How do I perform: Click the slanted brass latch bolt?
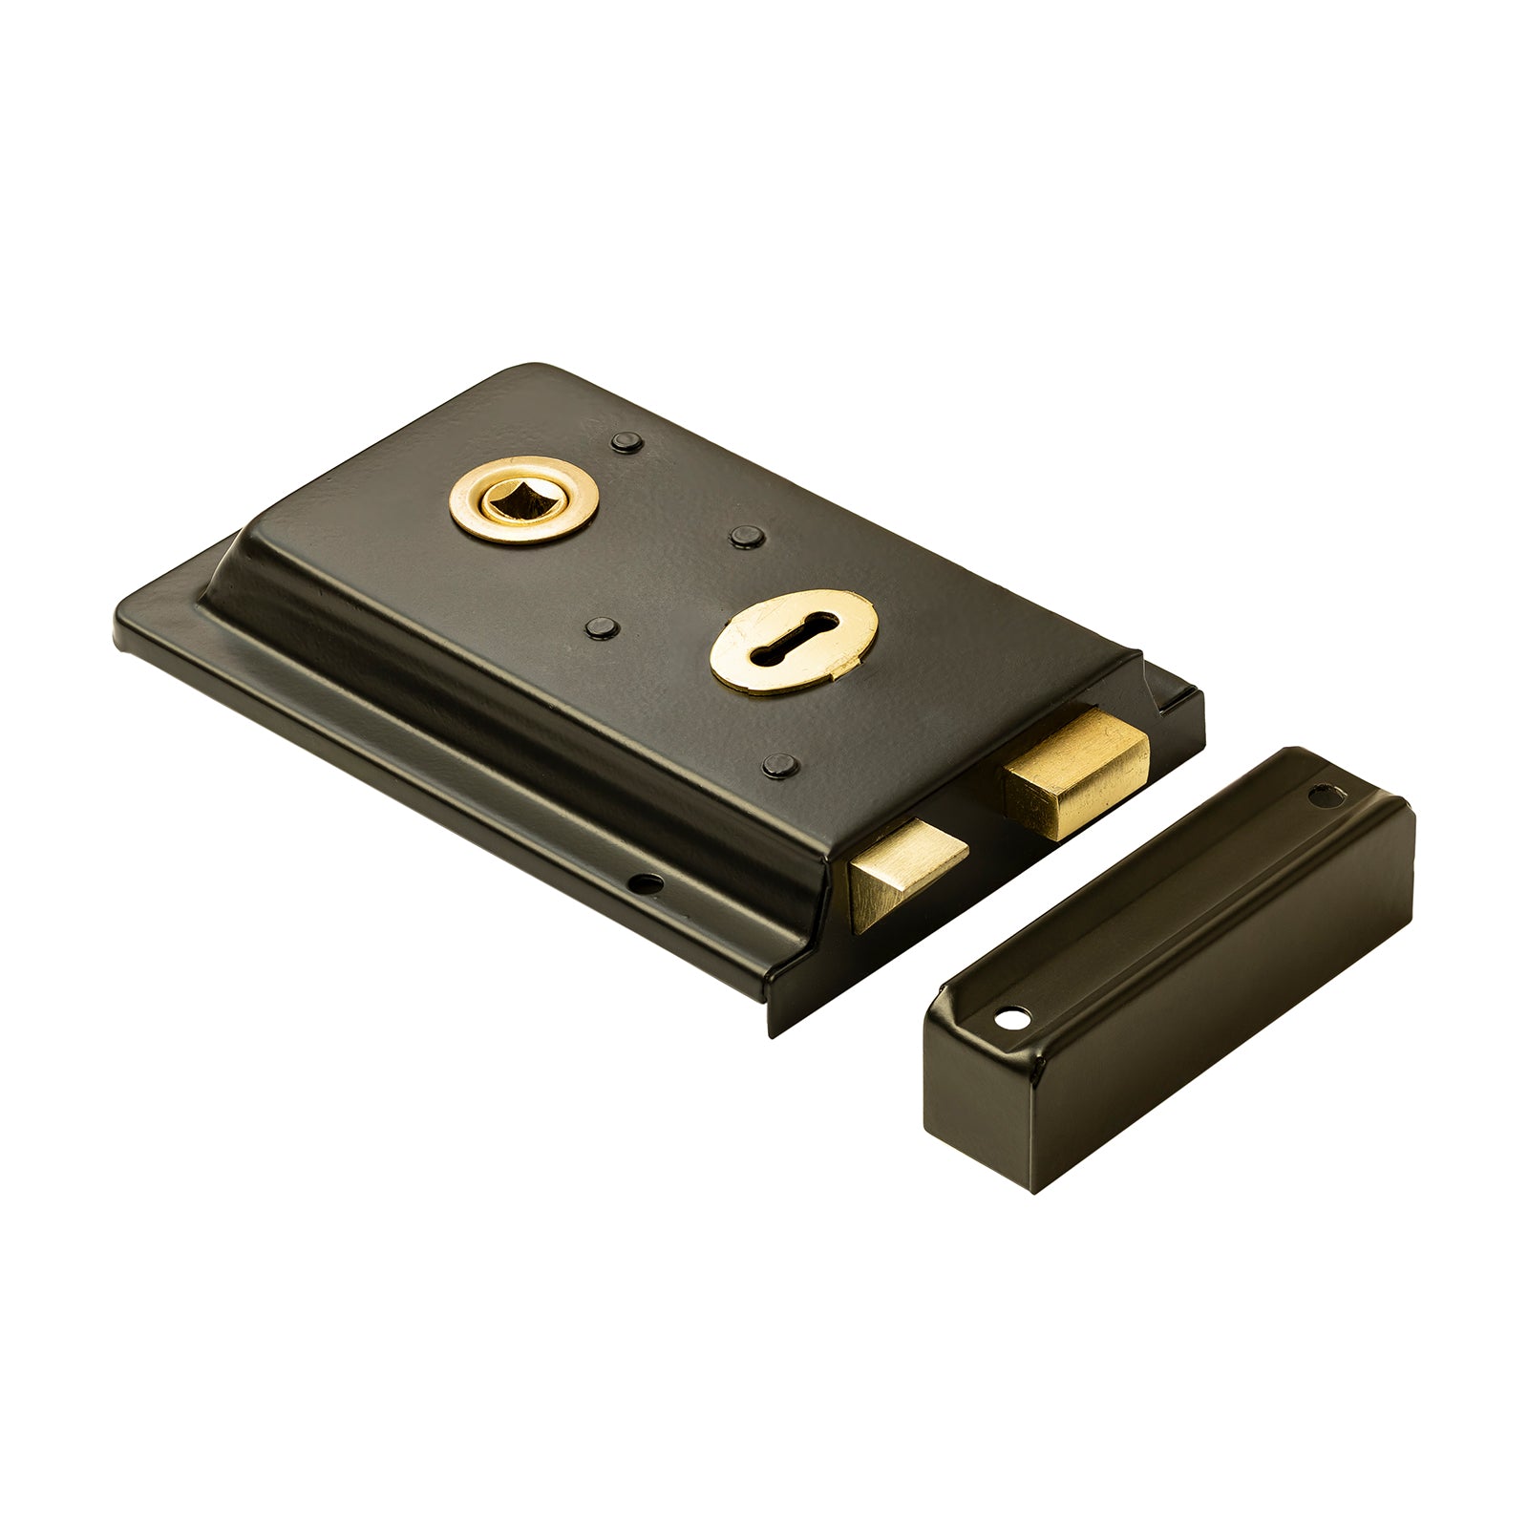point(907,869)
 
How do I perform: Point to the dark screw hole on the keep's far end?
point(1325,792)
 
